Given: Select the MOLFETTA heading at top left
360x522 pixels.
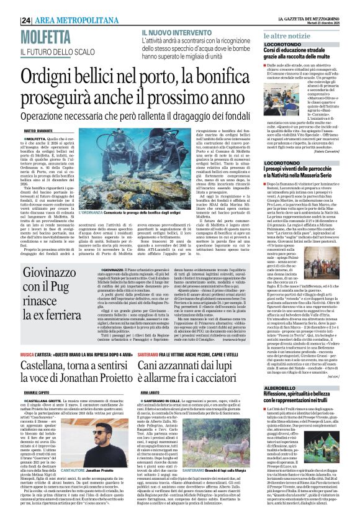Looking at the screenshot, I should point(45,38).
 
